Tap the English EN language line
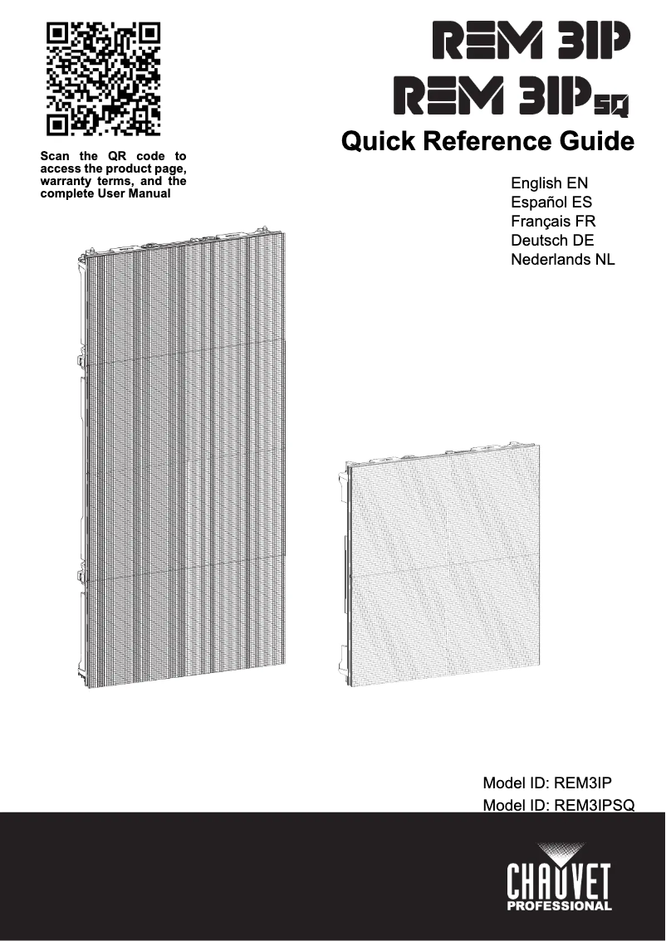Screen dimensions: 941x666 (x=550, y=183)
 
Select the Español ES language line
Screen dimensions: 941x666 (x=551, y=202)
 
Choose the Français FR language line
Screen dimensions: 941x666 (x=553, y=222)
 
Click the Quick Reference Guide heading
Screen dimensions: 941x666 (x=488, y=142)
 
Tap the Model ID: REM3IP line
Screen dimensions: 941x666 (x=547, y=783)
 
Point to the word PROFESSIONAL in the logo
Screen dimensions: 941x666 (x=561, y=905)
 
